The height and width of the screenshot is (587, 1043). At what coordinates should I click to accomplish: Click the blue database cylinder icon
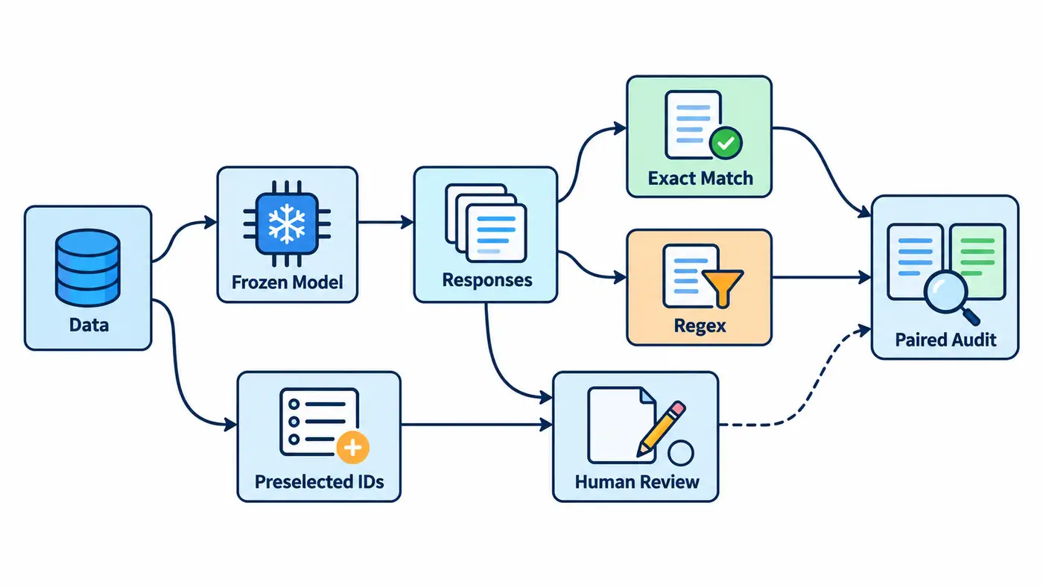tap(88, 267)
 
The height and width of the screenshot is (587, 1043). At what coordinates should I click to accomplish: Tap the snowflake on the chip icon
tap(287, 223)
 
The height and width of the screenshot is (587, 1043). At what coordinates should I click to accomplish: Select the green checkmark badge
tap(726, 143)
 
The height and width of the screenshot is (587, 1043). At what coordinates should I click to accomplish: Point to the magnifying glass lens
tap(946, 293)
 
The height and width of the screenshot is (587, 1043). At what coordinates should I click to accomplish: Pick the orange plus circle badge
tap(352, 448)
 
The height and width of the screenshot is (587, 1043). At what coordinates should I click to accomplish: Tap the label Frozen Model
tap(288, 282)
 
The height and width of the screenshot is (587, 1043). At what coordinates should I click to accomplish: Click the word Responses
tap(487, 280)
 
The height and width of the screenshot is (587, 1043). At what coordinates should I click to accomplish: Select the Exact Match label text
tap(700, 178)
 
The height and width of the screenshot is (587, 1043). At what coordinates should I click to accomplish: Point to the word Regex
tap(700, 326)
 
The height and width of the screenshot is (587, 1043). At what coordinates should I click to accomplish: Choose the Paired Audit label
tap(945, 340)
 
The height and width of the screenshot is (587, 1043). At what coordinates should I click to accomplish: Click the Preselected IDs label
tap(320, 482)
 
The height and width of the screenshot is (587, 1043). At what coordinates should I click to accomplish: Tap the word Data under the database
tap(89, 325)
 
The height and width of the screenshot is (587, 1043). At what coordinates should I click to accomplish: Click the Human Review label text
tap(637, 482)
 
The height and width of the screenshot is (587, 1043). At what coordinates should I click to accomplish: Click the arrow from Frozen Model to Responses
tap(386, 223)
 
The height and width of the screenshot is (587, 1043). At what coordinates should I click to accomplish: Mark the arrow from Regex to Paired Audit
tap(821, 278)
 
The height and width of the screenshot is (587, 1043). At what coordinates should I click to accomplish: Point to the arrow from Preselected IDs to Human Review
tap(476, 425)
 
